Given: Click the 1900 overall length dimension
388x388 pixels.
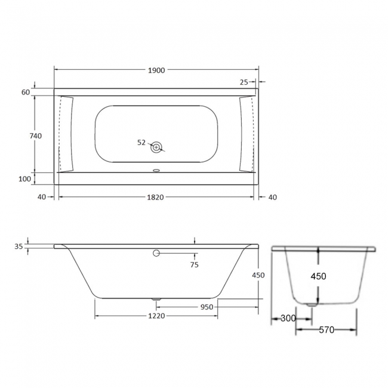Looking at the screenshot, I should click(156, 70).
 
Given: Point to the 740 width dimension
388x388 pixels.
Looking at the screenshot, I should click(35, 136).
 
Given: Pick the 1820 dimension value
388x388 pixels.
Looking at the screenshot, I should click(156, 197).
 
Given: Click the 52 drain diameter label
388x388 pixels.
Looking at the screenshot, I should click(141, 143).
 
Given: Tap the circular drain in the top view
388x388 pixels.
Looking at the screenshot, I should click(156, 147).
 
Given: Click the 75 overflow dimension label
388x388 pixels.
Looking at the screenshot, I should click(194, 264).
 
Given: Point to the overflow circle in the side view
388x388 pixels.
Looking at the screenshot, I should click(156, 253).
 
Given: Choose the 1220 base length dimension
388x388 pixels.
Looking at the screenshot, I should click(156, 316).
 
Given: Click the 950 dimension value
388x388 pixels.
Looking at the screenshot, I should click(207, 307).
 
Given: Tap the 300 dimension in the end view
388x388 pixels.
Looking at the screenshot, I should click(288, 319).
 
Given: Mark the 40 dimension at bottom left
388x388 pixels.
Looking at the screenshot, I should click(42, 197).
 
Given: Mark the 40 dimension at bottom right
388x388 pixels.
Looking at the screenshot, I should click(272, 197).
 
